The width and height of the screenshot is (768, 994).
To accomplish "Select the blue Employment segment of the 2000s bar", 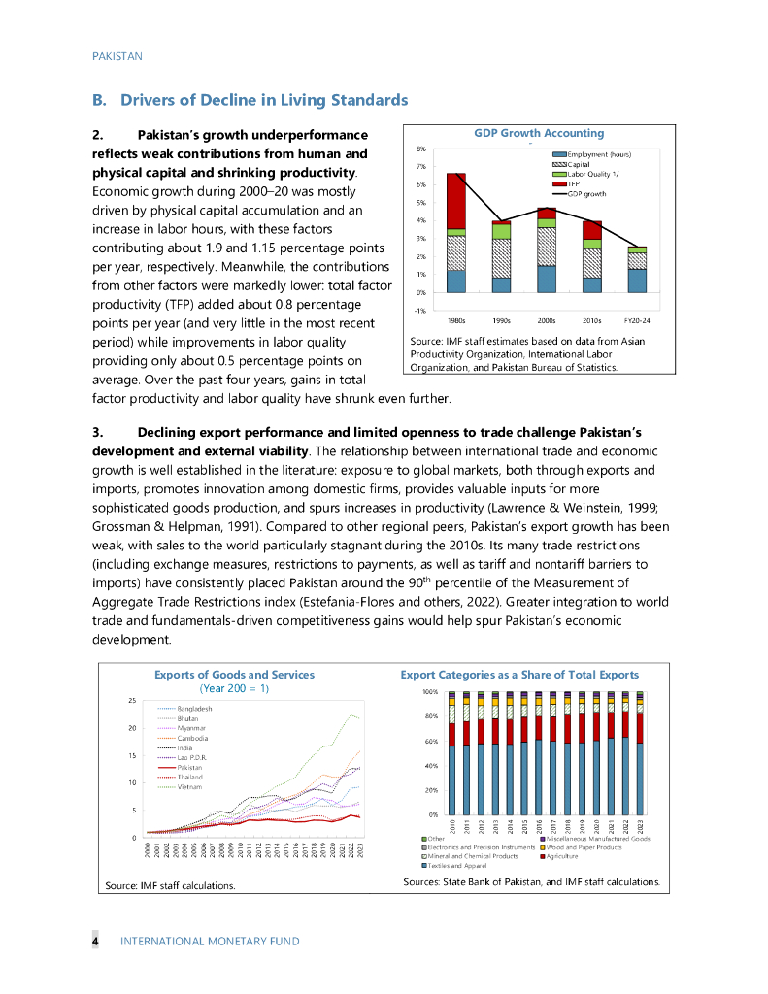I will click(547, 279).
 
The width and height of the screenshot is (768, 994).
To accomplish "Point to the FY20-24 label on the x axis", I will click(637, 319).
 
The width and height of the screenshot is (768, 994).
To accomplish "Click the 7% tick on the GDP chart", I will click(421, 167).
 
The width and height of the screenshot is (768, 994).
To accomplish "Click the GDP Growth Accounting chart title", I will click(538, 133).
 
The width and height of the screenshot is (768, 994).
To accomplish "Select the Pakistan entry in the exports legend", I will click(190, 767).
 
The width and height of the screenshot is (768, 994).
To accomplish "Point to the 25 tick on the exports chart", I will click(131, 700).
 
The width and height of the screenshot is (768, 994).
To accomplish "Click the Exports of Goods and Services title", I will click(234, 674).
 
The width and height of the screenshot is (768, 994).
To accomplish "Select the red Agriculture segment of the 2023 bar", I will click(639, 727).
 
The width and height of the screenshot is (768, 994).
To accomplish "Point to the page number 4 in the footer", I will click(95, 941).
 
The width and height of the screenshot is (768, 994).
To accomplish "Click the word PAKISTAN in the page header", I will click(117, 56).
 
